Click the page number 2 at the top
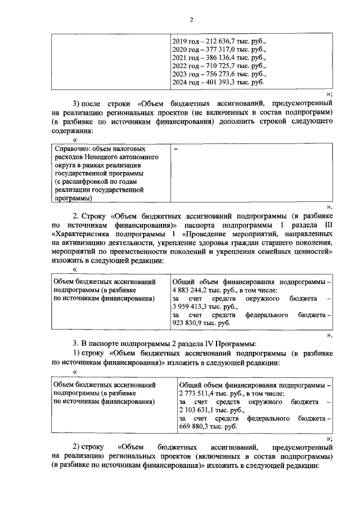coord(191,20)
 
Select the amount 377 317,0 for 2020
coord(228,49)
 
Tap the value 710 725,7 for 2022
coord(228,66)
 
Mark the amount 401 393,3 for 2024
coord(228,82)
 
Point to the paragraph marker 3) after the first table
coord(78,104)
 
